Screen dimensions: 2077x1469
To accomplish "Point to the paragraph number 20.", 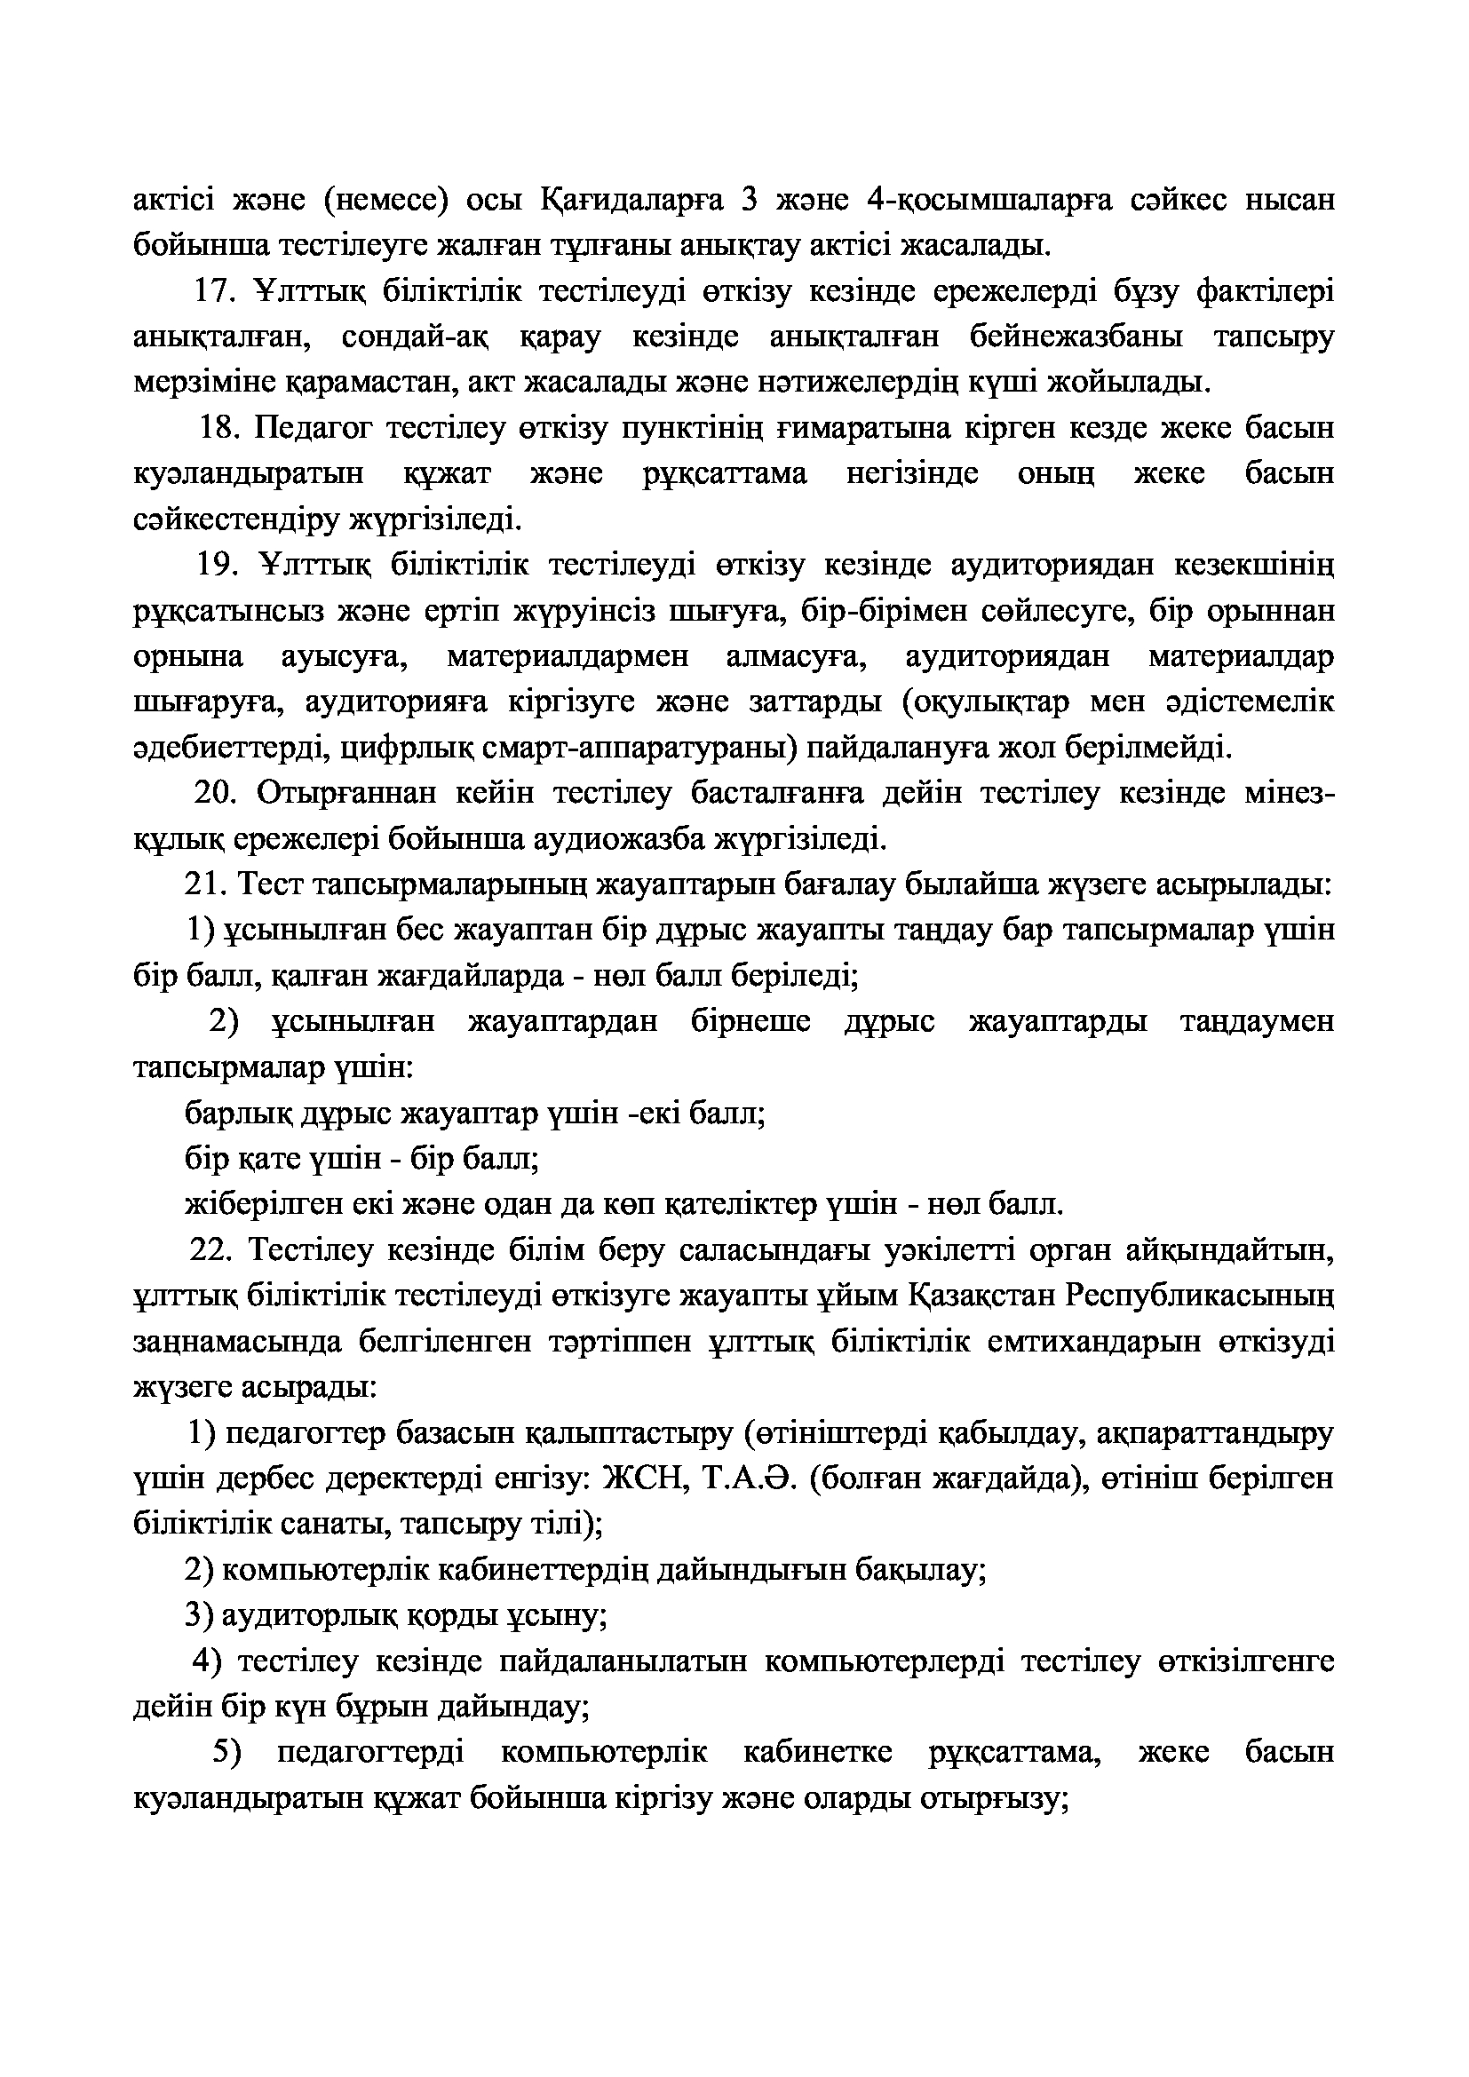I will (x=215, y=793).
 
